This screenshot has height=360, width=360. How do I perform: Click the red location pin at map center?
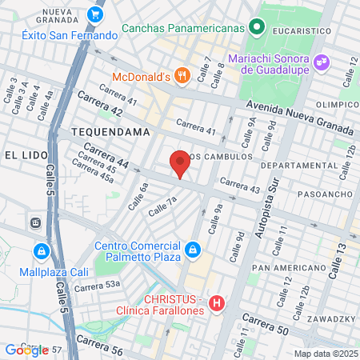point(180,163)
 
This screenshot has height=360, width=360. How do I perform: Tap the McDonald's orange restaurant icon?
point(182,76)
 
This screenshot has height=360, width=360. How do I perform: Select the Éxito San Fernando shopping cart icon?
point(96,14)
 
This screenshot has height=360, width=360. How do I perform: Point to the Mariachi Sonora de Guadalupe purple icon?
point(321,61)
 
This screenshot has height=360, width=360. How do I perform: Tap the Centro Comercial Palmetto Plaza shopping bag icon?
point(192,251)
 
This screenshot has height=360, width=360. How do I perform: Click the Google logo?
point(26,350)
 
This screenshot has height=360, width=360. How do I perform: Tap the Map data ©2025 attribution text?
point(325,354)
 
